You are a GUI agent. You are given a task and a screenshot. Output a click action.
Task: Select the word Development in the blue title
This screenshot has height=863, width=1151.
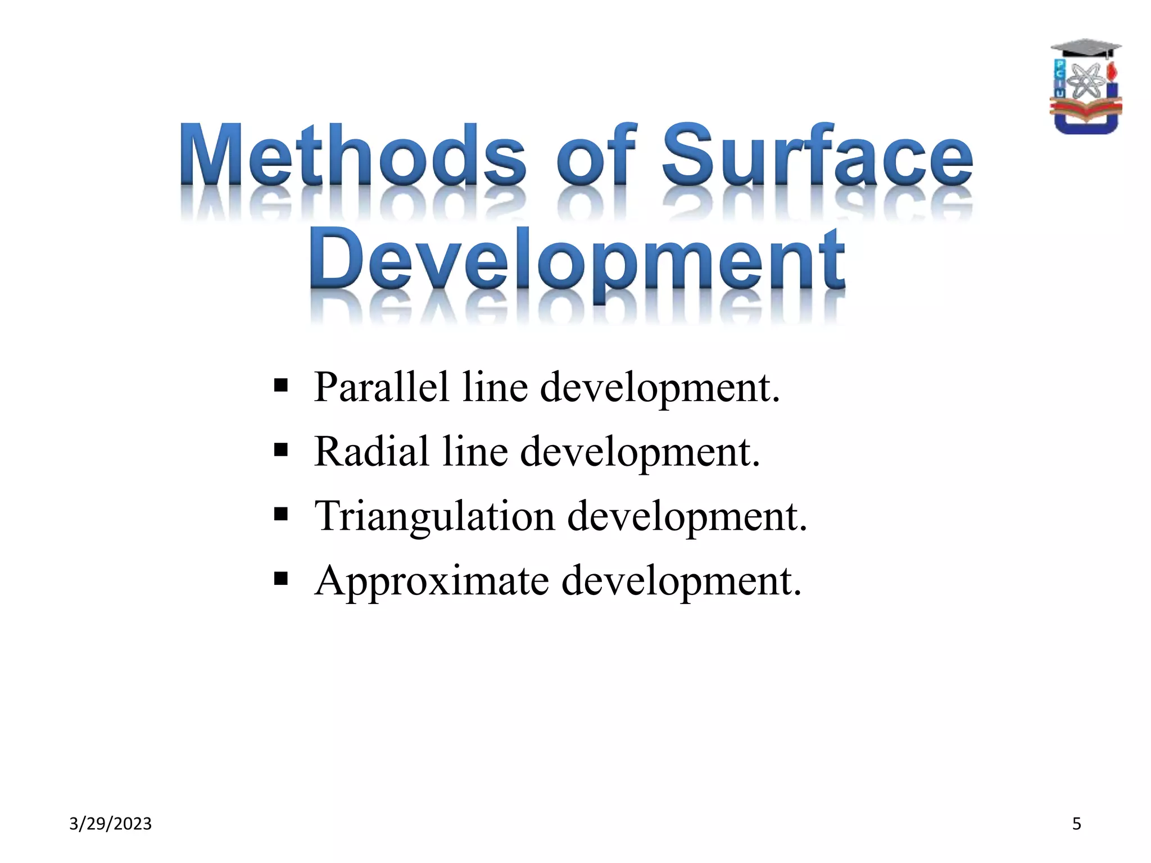click(x=577, y=260)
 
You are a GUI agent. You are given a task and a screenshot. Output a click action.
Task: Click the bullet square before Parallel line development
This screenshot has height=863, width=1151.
click(x=281, y=386)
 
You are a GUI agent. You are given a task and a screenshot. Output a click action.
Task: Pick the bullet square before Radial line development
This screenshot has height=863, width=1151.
click(x=281, y=450)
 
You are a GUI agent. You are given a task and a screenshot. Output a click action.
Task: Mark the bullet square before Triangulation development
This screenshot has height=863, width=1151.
click(x=281, y=514)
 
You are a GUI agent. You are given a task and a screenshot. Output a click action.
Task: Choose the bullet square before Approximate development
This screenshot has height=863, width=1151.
click(x=281, y=579)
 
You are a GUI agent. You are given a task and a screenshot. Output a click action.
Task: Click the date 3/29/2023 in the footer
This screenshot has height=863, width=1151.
click(x=110, y=824)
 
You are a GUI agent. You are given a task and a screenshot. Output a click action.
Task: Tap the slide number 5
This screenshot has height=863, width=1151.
click(x=1076, y=824)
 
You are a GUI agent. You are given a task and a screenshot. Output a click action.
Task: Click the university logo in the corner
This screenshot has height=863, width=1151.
click(x=1085, y=87)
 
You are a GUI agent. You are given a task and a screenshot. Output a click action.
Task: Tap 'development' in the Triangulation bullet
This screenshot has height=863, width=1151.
click(x=687, y=517)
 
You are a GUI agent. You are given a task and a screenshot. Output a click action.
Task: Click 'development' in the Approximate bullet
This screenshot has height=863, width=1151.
click(x=681, y=582)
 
